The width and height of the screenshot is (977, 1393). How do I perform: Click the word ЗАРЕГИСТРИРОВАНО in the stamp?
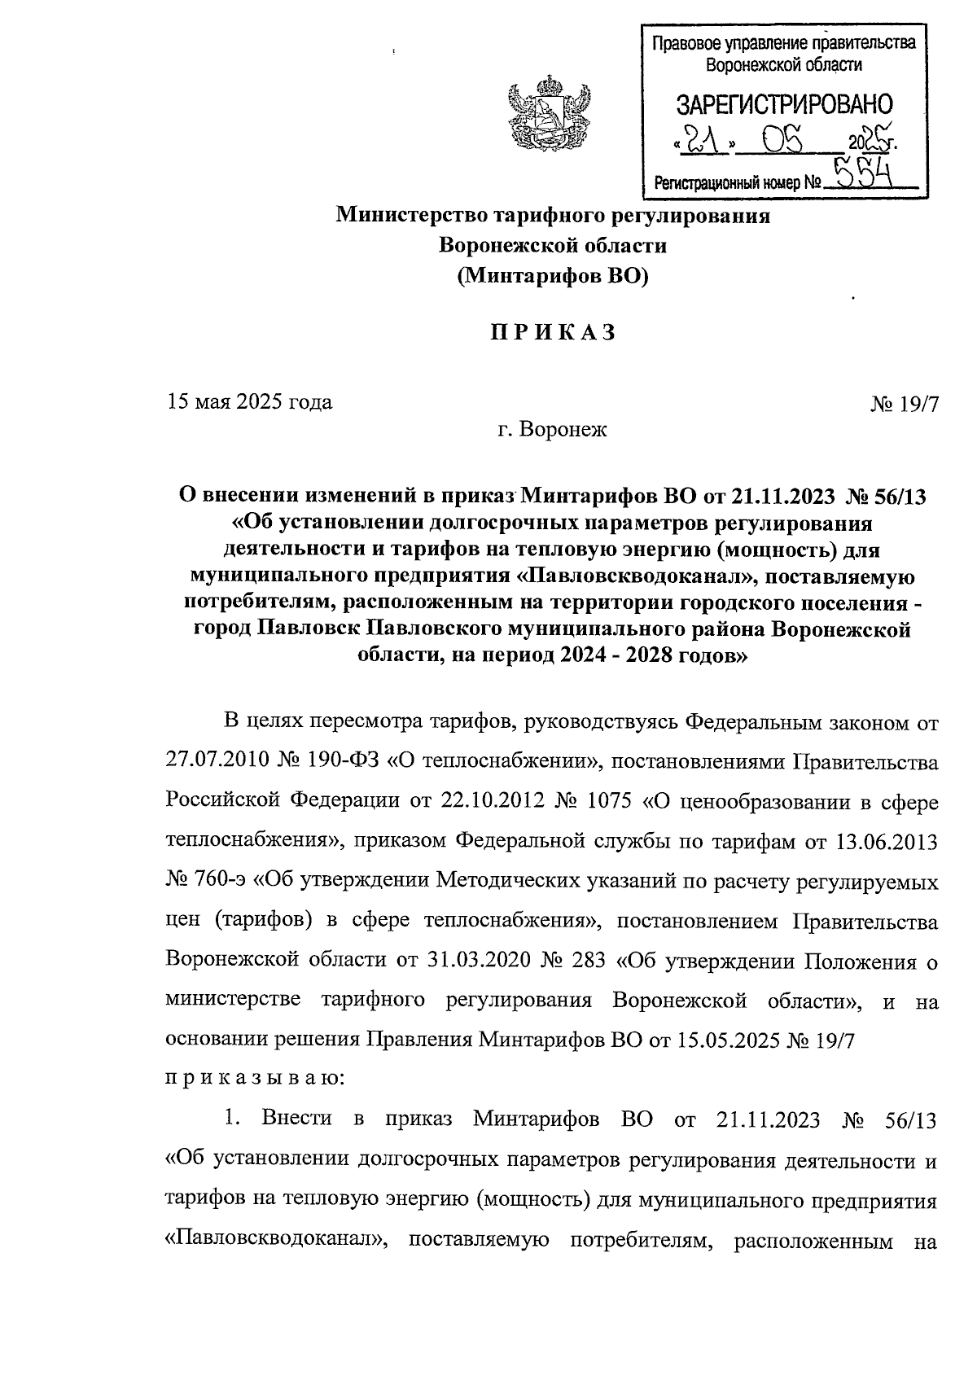click(x=785, y=104)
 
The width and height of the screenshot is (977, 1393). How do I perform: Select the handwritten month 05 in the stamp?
click(x=783, y=142)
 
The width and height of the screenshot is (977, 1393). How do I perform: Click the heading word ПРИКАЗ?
click(x=552, y=333)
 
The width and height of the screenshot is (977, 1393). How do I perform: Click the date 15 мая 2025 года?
click(x=250, y=402)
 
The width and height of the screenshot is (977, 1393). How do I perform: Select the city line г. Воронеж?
click(x=553, y=429)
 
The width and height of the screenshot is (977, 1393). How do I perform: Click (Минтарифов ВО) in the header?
click(x=553, y=276)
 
